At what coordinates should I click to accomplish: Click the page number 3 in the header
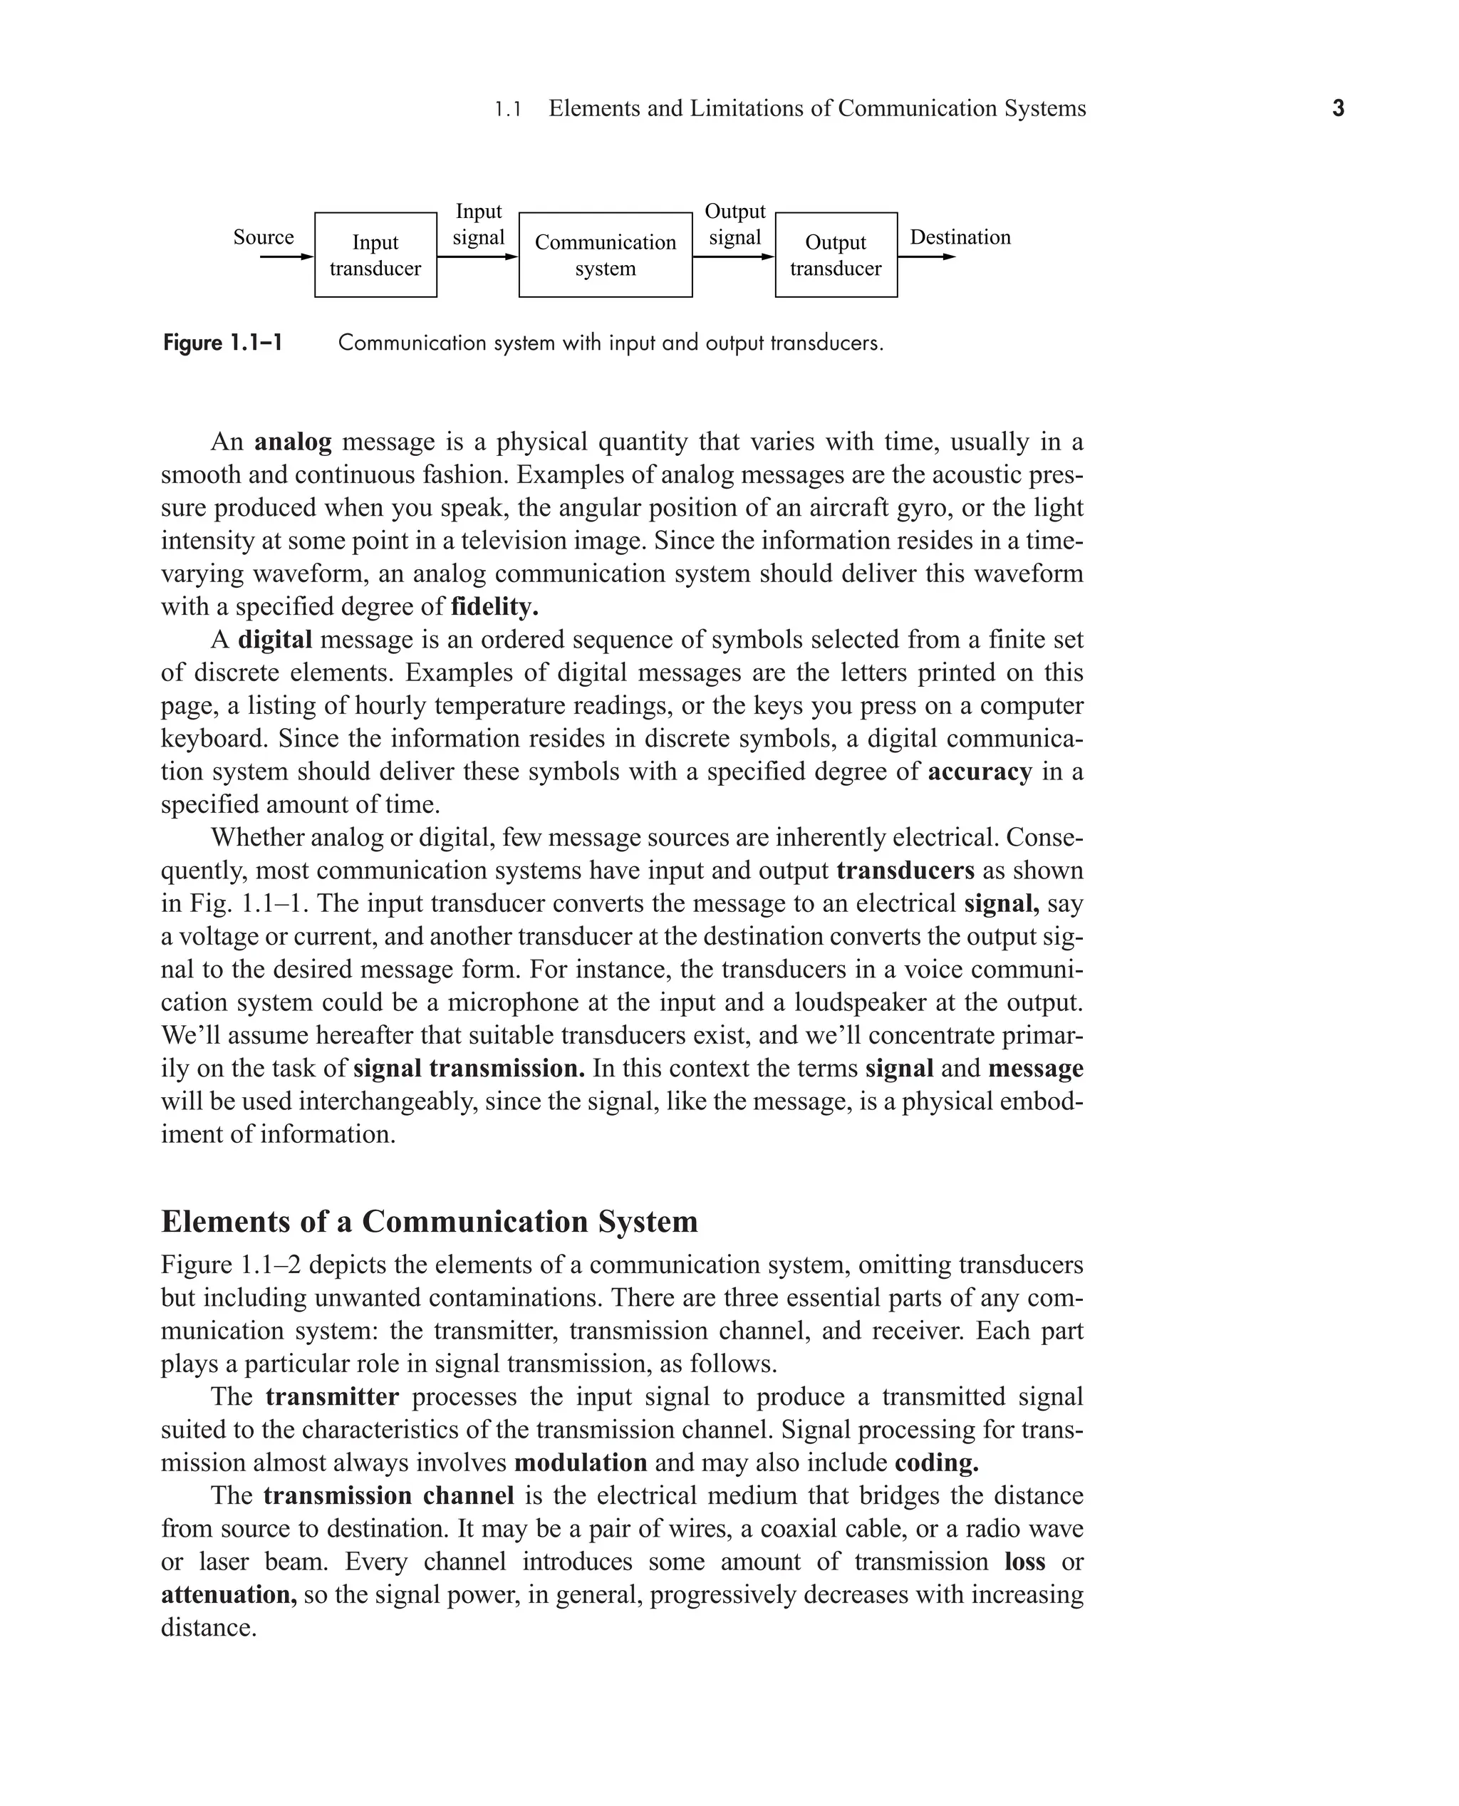click(x=1338, y=108)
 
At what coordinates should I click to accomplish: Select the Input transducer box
click(x=375, y=254)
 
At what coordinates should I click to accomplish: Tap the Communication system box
click(x=605, y=254)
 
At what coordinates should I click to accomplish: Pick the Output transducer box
click(x=836, y=254)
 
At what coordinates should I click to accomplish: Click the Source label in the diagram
click(x=263, y=237)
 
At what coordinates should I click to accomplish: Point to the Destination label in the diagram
click(x=960, y=237)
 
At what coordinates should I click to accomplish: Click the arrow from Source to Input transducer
click(x=286, y=256)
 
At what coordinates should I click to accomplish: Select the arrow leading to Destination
click(x=926, y=256)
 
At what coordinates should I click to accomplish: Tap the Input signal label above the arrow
click(x=478, y=224)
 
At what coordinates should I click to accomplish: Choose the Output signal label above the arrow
click(x=734, y=224)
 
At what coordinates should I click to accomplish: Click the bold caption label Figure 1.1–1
click(x=223, y=343)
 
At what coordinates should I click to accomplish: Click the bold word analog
click(x=293, y=442)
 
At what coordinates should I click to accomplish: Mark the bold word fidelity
click(x=494, y=607)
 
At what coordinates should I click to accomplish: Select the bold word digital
click(x=275, y=640)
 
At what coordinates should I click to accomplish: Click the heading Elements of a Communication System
click(x=429, y=1221)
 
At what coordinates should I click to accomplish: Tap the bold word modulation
click(x=580, y=1463)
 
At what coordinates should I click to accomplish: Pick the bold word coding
click(x=936, y=1463)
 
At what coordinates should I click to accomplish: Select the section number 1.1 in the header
click(x=508, y=109)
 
